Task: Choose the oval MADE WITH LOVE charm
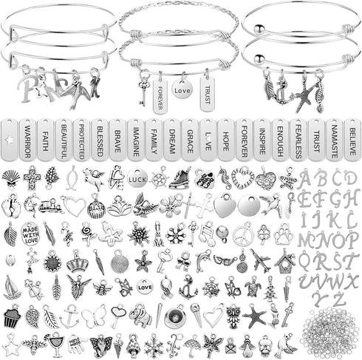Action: coord(30,233)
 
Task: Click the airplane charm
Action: coord(260,260)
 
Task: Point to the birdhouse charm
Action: coord(284,260)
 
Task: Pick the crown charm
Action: coord(76,261)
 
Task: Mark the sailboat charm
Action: coord(12,288)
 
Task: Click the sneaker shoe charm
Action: coord(180,178)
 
